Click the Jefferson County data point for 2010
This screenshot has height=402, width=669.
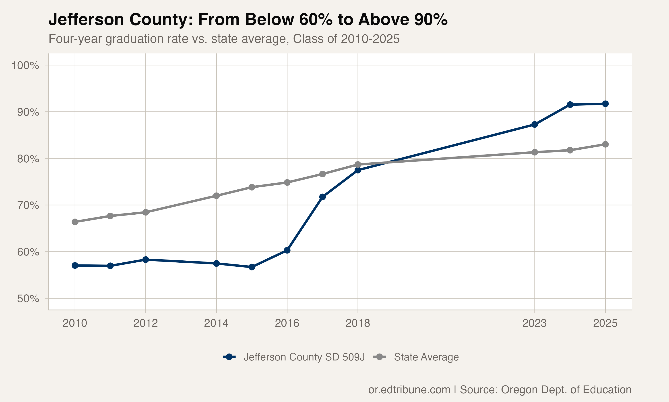pos(75,266)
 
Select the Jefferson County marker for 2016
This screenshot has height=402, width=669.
pos(287,250)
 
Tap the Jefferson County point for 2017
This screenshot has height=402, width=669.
pos(322,197)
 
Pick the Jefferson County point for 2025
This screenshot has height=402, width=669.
pos(605,104)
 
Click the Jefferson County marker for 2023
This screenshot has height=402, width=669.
pos(535,125)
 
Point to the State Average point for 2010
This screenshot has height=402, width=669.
pos(75,222)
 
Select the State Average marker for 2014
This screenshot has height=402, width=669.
pos(216,196)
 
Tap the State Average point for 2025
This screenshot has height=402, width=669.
pos(605,144)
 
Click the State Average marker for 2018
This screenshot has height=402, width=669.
pos(358,164)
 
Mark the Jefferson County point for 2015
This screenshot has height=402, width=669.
pos(252,267)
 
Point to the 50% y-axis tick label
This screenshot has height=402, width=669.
pos(28,299)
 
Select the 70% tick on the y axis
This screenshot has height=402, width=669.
pos(28,205)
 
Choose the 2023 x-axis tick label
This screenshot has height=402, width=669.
pos(535,323)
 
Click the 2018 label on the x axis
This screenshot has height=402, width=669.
pos(358,323)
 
